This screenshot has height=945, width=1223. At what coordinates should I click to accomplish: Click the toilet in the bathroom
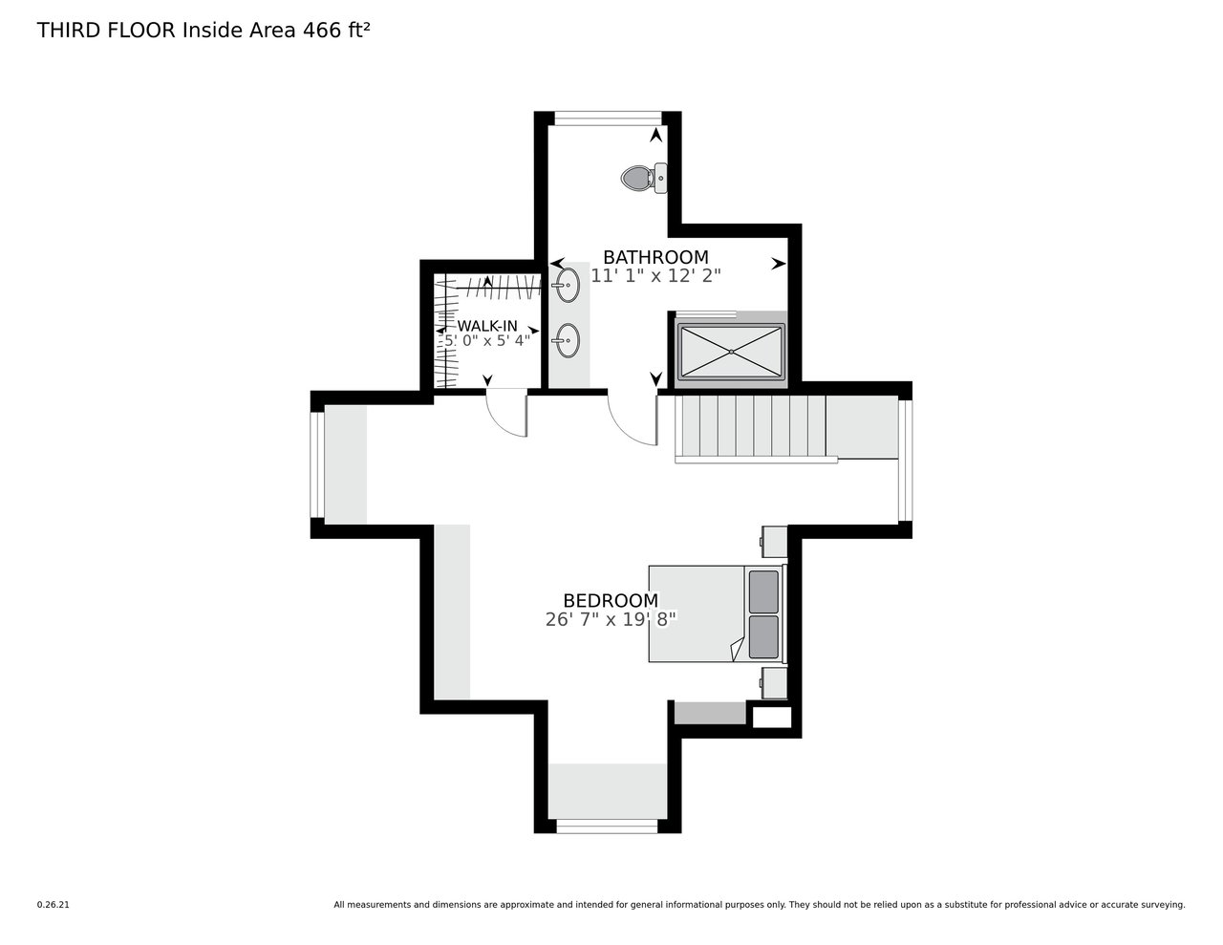click(644, 178)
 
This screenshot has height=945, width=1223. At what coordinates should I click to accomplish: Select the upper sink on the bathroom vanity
click(568, 286)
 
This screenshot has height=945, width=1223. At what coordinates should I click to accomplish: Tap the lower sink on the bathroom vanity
click(568, 340)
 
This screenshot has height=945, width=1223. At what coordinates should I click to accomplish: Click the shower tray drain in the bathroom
click(731, 352)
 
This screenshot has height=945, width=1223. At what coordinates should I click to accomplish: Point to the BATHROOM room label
click(655, 257)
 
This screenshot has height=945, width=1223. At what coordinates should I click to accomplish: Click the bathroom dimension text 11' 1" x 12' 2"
click(655, 276)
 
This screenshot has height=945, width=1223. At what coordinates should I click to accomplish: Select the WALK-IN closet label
click(487, 326)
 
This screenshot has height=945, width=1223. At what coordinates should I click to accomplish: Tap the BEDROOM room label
click(611, 601)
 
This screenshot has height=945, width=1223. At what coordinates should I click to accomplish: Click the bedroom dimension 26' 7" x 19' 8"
click(611, 619)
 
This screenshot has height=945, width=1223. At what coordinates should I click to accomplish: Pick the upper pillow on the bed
click(763, 591)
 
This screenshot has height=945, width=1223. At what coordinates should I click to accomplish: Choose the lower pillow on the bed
click(763, 636)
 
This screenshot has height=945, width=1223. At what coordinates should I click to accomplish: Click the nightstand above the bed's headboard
click(774, 542)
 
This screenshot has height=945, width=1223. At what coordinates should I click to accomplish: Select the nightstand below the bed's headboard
click(774, 683)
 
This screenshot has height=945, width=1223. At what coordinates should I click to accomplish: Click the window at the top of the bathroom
click(608, 118)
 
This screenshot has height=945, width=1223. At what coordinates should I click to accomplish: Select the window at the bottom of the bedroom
click(607, 827)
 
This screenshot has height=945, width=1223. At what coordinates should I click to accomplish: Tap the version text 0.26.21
click(53, 905)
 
